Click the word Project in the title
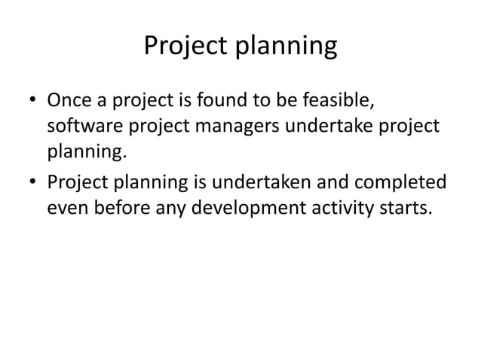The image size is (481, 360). (188, 47)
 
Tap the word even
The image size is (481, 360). (69, 208)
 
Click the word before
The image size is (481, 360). (129, 208)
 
